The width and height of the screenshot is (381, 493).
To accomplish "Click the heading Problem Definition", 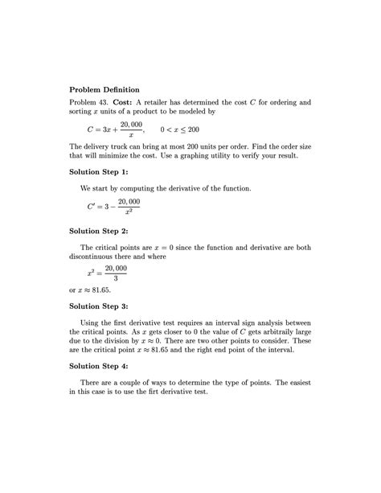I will coord(104,88).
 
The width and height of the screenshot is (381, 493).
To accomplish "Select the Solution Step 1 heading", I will coord(104,171).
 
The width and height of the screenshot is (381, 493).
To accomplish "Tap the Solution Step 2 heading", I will coord(104,230).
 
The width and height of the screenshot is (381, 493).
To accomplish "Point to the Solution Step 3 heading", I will coord(104,306).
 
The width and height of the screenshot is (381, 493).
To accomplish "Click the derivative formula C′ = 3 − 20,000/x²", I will coord(113,206).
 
